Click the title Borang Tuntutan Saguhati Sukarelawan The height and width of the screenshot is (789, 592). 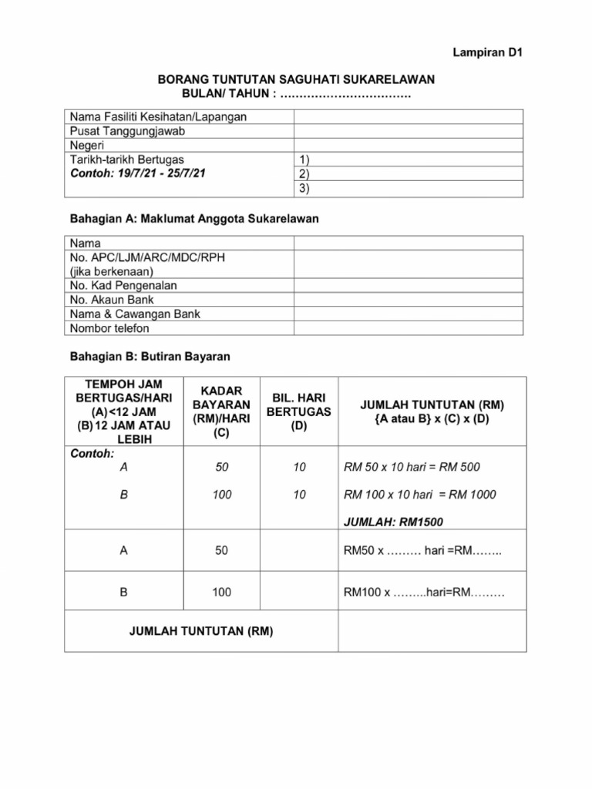coord(296,79)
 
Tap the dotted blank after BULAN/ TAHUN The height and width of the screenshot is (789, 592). coord(345,94)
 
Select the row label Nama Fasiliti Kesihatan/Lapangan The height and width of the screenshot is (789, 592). coord(158,116)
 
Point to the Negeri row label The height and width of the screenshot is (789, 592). coord(87,146)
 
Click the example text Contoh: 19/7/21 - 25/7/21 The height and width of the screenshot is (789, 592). coord(138,174)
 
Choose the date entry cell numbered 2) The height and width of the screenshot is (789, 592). coord(409,173)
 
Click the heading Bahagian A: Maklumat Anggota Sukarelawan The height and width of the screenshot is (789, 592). coord(194,219)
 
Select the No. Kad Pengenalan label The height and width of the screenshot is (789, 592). coord(123,285)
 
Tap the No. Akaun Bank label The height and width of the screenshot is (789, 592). coord(111,300)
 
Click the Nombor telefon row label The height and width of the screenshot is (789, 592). coord(109,328)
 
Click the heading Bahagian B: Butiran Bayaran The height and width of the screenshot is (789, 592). coord(150,358)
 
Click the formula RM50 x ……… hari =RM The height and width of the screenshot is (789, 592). coord(422,551)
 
